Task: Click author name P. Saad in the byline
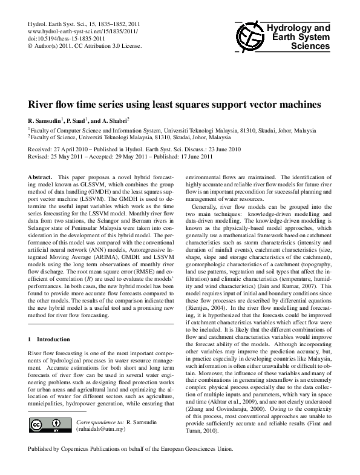point(82,120)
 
